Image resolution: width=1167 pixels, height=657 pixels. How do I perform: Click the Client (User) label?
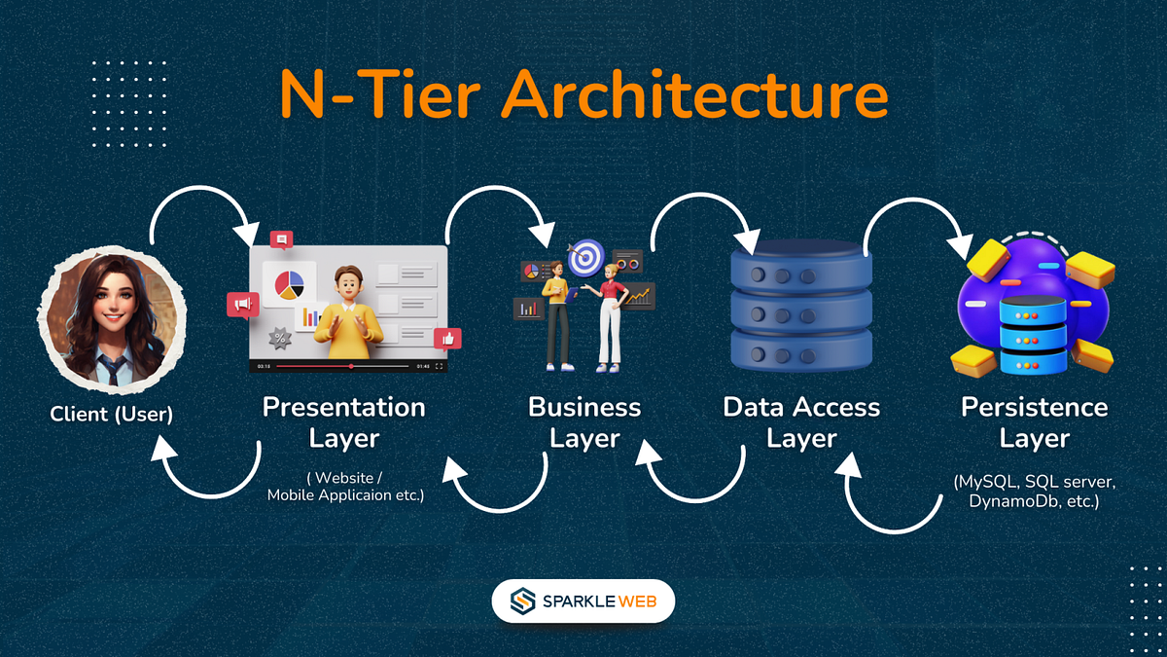(x=111, y=415)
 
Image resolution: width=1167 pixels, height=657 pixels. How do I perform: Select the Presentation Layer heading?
(x=344, y=421)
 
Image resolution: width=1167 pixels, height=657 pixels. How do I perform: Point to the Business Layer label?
(x=584, y=421)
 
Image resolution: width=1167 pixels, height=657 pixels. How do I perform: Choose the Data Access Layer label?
(x=801, y=421)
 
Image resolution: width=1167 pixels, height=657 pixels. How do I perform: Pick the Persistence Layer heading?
(x=1034, y=421)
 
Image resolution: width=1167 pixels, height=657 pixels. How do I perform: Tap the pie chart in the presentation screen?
(x=289, y=284)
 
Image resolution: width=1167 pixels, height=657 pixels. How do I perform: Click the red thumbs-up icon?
(x=447, y=339)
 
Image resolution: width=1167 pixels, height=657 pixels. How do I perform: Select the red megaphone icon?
(x=241, y=306)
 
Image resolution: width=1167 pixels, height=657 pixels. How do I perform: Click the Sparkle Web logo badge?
(x=583, y=602)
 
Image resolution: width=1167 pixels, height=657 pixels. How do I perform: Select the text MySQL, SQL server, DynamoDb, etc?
(x=1034, y=493)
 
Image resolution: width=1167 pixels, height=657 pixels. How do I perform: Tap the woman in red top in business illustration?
(x=610, y=316)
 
